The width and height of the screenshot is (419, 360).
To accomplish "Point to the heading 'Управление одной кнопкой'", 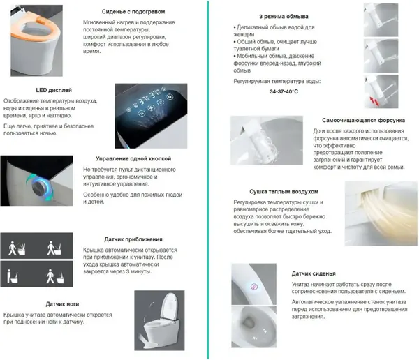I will pos(133,159).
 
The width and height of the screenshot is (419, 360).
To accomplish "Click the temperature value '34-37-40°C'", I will pos(249,91).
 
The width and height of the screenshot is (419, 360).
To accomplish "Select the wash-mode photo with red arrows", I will pos(383,91).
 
